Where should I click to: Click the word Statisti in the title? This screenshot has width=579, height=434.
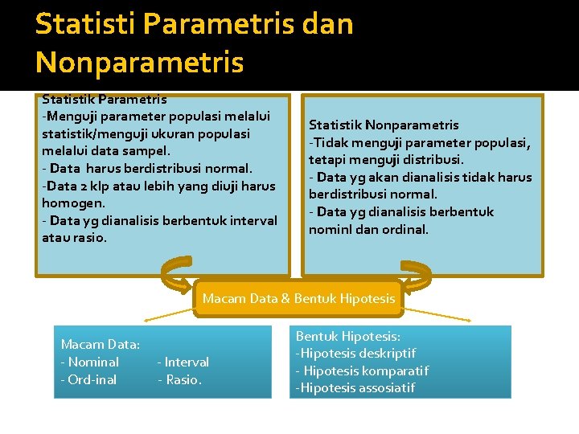coord(87,24)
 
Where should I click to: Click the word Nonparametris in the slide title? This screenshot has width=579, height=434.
coord(139,62)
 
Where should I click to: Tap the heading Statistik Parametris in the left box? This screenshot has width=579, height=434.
coord(104,100)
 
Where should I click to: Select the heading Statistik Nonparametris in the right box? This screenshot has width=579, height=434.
coord(384,125)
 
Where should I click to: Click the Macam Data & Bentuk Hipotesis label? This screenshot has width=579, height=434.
coord(298,299)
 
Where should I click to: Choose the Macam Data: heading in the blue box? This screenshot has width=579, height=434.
coord(100,345)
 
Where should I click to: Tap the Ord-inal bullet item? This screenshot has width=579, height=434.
coord(88,379)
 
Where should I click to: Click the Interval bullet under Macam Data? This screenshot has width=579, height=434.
coord(185,362)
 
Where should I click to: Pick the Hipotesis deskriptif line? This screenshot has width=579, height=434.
coord(356,354)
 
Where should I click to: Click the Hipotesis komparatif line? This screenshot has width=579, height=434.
coord(364,371)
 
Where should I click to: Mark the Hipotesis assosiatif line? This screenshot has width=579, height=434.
coord(356,388)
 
